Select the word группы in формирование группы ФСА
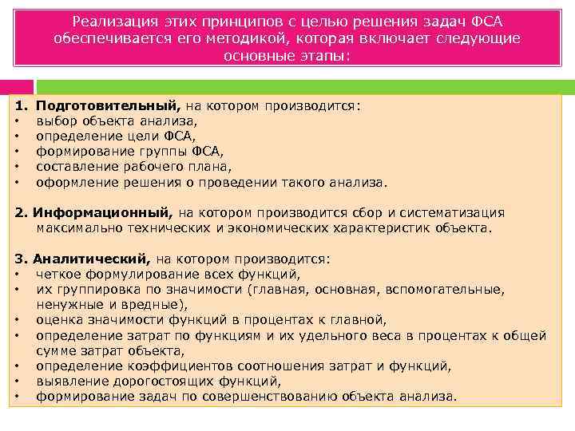(x=153, y=152)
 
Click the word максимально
(x=77, y=228)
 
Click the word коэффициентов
(x=168, y=366)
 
